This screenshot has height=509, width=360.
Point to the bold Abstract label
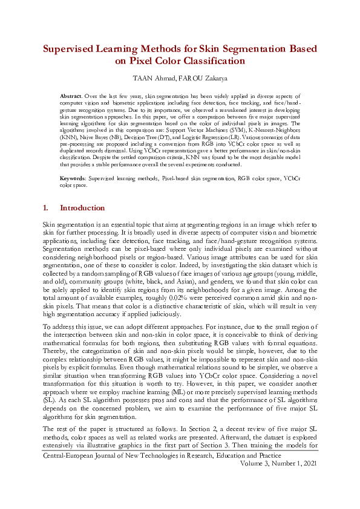[x=73, y=96]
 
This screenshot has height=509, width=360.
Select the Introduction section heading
[x=82, y=208]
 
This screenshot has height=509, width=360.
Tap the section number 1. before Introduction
[x=46, y=208]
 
